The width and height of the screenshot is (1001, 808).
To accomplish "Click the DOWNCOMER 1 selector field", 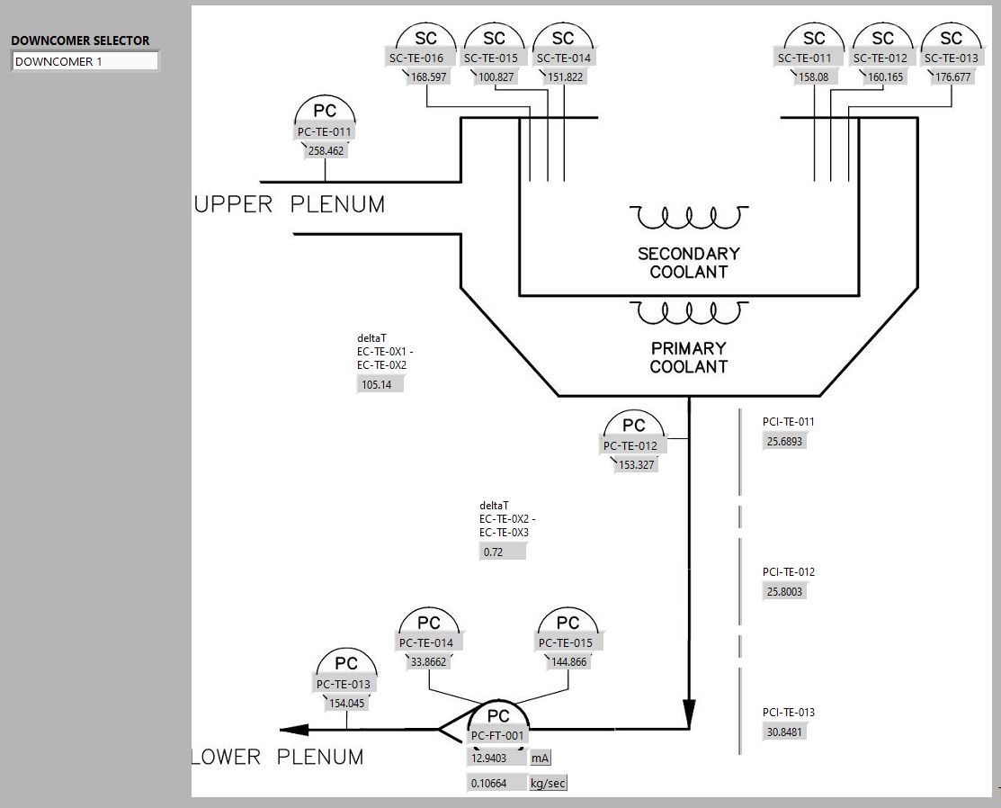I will [x=85, y=62].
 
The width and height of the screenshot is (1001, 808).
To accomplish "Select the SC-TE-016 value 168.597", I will [x=428, y=77].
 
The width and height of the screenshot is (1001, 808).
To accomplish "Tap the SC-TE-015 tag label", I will [x=491, y=58].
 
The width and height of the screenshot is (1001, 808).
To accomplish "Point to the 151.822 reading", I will [x=565, y=77].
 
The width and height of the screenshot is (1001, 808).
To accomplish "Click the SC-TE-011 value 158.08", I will [x=813, y=77].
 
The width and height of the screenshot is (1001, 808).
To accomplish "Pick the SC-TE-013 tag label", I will [x=951, y=58].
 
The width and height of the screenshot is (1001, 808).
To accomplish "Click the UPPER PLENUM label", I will [x=290, y=205].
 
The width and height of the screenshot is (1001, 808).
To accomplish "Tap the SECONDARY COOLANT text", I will [x=688, y=262].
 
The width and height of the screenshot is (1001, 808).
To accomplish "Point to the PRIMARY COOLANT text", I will [x=688, y=357].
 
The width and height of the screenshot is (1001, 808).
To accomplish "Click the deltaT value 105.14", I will [x=380, y=385].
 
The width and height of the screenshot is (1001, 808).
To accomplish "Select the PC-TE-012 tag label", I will [x=630, y=445].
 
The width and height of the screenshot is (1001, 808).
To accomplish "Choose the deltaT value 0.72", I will [x=501, y=552].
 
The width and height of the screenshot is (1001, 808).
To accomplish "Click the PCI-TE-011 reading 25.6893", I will [x=784, y=442].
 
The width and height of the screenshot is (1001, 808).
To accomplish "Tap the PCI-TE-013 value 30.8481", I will [x=784, y=732].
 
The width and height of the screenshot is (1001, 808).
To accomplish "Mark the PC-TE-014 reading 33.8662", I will [x=428, y=662].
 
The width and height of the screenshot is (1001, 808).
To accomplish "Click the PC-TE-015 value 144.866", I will [x=568, y=662].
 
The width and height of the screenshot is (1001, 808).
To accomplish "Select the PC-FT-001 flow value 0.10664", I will [x=496, y=783].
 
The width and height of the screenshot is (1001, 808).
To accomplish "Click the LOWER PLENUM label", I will [x=279, y=757].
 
